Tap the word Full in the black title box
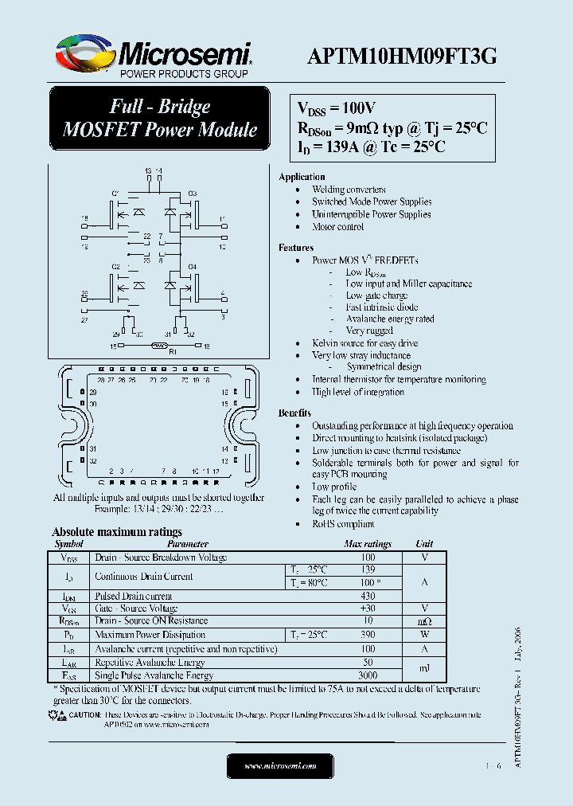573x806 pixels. tap(128, 107)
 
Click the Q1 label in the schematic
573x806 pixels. tap(115, 194)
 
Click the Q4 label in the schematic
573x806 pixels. tap(192, 266)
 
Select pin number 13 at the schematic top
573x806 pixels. tap(148, 171)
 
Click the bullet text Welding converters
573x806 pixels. tap(349, 190)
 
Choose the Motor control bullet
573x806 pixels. tap(337, 227)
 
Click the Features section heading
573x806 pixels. tap(296, 248)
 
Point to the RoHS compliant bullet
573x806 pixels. tap(343, 524)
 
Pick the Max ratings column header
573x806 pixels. tap(368, 544)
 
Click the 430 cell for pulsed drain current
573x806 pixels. tap(368, 596)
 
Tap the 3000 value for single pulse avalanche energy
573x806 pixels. tap(368, 675)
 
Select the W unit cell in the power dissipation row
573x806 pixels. tap(424, 635)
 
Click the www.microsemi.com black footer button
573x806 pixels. tap(280, 765)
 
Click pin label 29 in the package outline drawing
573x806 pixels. tap(93, 393)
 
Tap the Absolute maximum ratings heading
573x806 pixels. tap(117, 532)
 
